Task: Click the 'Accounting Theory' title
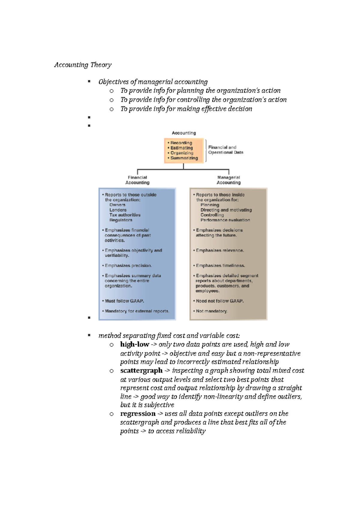point(83,65)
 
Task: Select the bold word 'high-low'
point(135,344)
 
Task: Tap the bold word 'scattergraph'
point(141,371)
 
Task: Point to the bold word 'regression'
point(138,414)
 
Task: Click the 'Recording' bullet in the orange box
point(181,143)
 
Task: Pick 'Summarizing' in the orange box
point(184,158)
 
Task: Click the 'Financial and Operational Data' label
point(226,150)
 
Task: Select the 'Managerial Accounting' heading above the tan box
point(229,180)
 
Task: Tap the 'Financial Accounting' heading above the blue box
point(137,180)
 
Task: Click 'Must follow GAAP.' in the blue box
point(124,301)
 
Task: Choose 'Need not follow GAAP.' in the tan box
point(220,301)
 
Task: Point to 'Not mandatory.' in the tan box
point(212,311)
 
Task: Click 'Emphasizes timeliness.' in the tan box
point(220,266)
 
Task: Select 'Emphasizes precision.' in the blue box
point(128,266)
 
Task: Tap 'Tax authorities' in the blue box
point(125,215)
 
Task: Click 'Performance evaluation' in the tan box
point(225,220)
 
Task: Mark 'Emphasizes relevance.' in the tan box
point(220,250)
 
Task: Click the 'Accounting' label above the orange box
point(184,133)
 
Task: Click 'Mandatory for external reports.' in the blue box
point(137,311)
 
